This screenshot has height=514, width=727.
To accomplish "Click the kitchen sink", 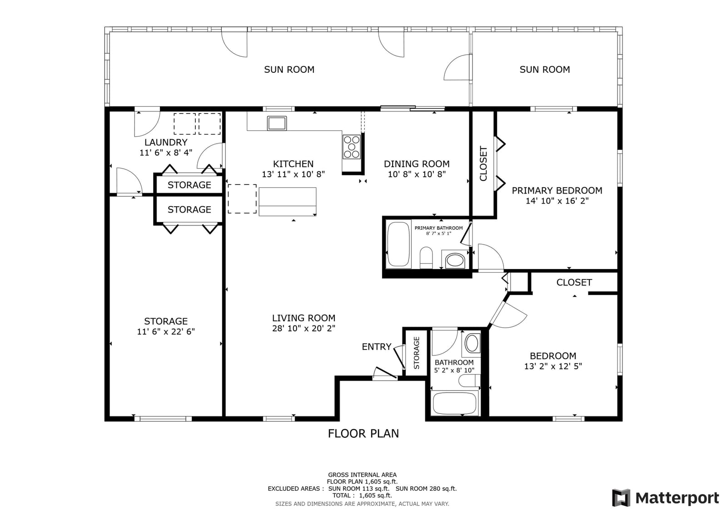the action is coord(277,123).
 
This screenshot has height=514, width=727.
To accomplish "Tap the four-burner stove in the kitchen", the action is coord(352,147).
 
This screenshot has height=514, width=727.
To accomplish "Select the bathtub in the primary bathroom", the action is coord(398,244).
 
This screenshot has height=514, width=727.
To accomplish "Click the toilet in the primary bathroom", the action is coord(426,258).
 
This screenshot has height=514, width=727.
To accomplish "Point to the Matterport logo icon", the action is coord(621,498).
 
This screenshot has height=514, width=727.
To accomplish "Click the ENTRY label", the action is coord(377,347).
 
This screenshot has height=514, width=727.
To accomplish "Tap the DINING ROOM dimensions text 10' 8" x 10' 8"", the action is coord(417,175).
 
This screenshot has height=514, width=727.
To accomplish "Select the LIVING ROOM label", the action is coord(304,318).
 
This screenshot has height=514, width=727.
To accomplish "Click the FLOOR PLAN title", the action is coord(363,434).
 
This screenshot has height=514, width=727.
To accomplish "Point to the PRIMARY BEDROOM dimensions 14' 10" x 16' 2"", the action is coord(557,201).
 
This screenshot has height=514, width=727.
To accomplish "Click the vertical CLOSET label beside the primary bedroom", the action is coord(483,163).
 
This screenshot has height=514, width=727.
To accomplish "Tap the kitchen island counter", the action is coord(288,202).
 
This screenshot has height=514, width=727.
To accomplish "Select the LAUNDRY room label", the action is coord(166,142).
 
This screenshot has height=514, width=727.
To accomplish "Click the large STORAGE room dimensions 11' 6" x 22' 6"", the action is coord(166,331).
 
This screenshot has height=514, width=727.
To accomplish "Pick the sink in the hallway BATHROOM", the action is coord(472,343).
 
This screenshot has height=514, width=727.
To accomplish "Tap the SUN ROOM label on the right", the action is coord(545,70).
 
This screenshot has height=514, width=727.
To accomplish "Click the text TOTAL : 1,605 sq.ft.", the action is coord(362,495).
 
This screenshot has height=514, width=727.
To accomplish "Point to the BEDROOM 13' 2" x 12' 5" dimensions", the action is coord(553,366).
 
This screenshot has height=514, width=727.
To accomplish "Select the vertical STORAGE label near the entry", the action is coord(416,353).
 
